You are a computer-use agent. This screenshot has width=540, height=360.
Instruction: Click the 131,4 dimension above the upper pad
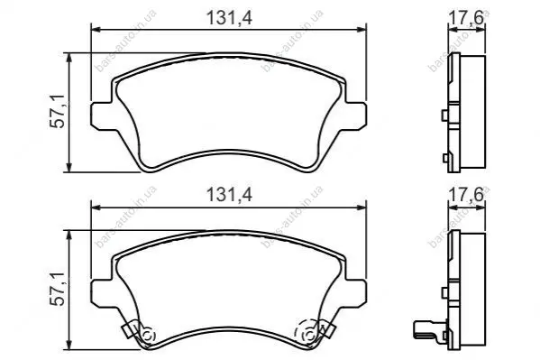tap(229, 17)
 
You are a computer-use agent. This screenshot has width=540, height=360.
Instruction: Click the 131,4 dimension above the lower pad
tap(229, 195)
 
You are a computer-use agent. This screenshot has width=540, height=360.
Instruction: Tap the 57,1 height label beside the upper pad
tap(57, 111)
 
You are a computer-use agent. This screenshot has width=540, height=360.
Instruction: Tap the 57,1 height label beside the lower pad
tap(57, 289)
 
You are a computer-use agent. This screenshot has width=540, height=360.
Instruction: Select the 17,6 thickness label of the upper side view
tap(466, 17)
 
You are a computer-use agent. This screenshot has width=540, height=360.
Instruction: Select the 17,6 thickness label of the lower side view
tap(466, 195)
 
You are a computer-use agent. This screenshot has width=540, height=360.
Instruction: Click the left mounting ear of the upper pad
tap(102, 115)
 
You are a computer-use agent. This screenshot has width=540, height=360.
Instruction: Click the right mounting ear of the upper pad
tap(356, 115)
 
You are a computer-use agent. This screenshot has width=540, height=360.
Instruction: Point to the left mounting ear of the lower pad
tap(102, 293)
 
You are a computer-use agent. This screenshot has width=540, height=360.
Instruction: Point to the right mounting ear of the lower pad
tap(356, 293)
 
